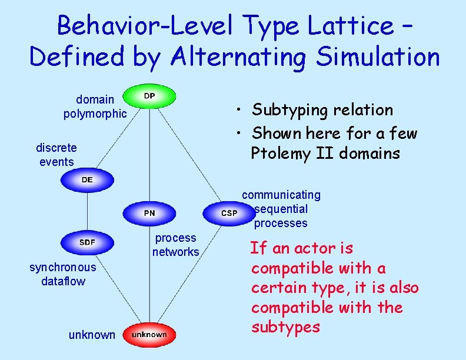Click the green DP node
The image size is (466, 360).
pos(149,96)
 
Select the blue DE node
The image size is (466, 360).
pos(87,180)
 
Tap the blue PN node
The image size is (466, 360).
pos(149,213)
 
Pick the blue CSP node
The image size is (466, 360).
pos(229,213)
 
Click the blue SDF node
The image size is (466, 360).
pos(87,242)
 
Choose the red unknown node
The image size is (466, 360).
pos(149,335)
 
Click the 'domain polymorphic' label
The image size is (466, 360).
pos(95,106)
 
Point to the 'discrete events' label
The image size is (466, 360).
pos(56,154)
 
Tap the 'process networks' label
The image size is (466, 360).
pos(175,245)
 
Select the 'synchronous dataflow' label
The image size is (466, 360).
pos(63,274)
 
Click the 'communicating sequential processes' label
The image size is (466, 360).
pos(281,209)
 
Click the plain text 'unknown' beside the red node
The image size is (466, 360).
pos(92,335)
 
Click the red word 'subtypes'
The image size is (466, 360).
pos(285,326)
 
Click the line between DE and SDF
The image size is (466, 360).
pos(87,211)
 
